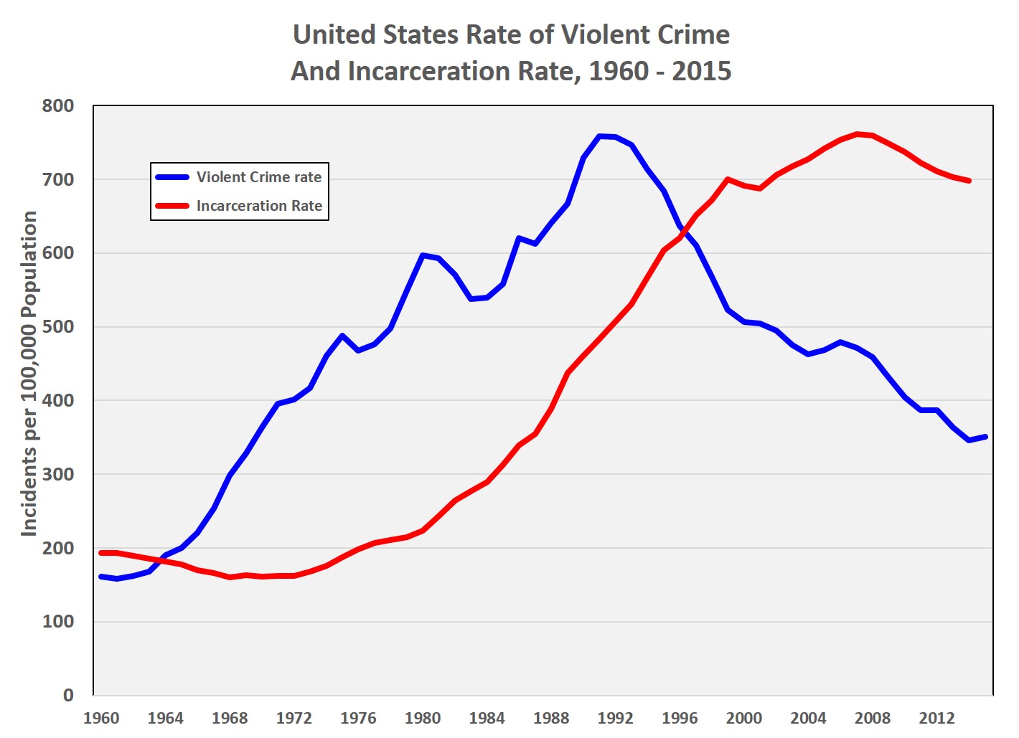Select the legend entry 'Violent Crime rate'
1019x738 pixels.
click(259, 177)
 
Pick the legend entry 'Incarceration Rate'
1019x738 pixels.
click(259, 206)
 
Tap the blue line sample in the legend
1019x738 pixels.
click(172, 177)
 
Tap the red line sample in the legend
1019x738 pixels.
click(172, 206)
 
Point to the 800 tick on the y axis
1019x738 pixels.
click(58, 106)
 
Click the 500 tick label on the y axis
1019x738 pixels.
click(58, 327)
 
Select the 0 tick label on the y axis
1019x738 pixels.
click(68, 695)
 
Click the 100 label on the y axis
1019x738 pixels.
click(58, 622)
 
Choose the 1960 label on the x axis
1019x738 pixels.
click(101, 719)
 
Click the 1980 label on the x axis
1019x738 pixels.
click(423, 719)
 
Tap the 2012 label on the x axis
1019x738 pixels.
click(936, 719)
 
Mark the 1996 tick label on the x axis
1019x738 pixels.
click(680, 719)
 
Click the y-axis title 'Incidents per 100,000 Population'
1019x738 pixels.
click(29, 373)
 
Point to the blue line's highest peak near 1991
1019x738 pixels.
click(600, 136)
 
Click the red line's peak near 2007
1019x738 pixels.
click(858, 134)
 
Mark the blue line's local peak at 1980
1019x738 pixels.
click(423, 255)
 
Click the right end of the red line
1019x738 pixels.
click(969, 181)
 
